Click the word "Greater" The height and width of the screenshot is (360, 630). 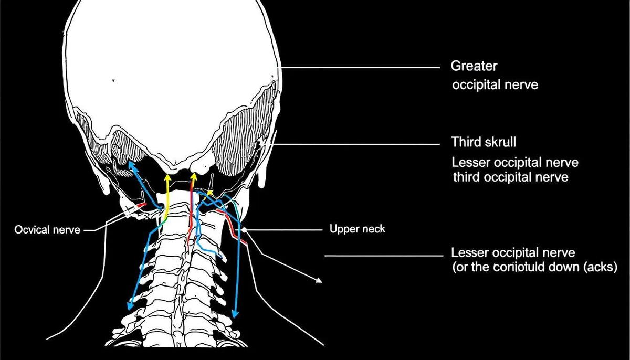[474, 67]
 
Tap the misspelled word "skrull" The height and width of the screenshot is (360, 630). [498, 142]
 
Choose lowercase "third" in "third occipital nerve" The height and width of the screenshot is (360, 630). [466, 177]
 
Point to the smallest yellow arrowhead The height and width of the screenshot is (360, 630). [209, 193]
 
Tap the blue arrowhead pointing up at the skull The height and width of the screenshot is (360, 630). [132, 167]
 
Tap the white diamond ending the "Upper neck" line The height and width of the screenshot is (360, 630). [245, 230]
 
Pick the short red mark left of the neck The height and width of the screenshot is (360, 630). [141, 205]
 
